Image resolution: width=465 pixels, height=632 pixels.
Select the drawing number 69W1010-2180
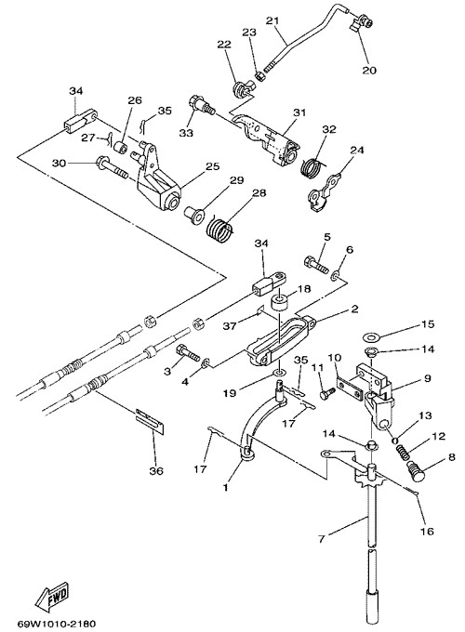pyautogui.click(x=57, y=625)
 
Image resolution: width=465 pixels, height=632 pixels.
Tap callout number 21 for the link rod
pyautogui.click(x=272, y=21)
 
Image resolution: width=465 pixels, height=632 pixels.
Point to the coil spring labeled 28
pyautogui.click(x=219, y=229)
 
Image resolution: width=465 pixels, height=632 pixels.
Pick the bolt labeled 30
pyautogui.click(x=112, y=168)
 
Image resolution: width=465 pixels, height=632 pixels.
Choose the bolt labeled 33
pyautogui.click(x=203, y=104)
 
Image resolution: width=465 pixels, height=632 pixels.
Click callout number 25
pyautogui.click(x=213, y=167)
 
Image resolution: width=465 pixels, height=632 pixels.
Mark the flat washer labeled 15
pyautogui.click(x=371, y=336)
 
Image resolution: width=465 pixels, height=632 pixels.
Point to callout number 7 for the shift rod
pyautogui.click(x=322, y=538)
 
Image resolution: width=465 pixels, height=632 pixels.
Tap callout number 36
pyautogui.click(x=156, y=470)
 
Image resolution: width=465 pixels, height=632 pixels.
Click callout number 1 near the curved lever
pyautogui.click(x=226, y=488)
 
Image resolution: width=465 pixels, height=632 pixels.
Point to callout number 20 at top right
pyautogui.click(x=369, y=70)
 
